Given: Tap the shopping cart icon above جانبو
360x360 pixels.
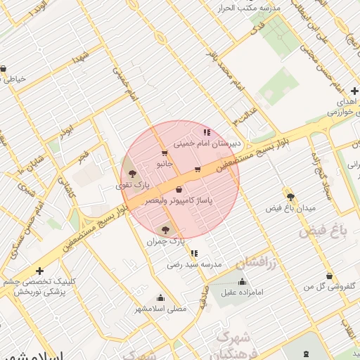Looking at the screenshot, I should pos(165,153).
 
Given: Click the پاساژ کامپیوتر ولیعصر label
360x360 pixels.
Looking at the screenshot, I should pos(179,201).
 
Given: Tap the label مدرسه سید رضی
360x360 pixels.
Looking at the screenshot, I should pos(195,265).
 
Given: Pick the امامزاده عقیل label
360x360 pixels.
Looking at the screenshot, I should pos(242,292).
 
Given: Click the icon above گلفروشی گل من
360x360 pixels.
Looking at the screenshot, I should pos(329,276).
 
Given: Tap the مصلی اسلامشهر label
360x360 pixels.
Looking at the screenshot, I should pos(161,309).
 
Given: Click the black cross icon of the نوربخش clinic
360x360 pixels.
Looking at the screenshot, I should pos(40,271).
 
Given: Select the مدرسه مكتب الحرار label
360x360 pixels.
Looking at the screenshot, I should pos(250,8).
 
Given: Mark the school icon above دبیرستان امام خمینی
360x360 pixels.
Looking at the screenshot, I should pos(207,131).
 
